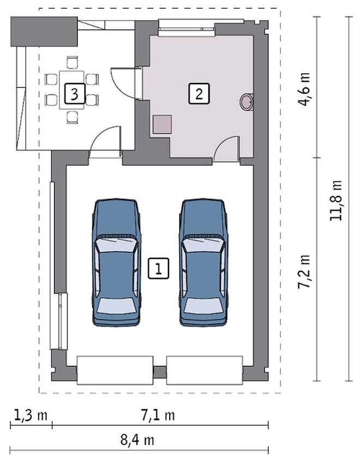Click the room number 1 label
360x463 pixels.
(159, 268)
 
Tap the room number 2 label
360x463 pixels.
(199, 93)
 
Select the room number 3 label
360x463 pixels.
(75, 93)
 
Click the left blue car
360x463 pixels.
(117, 263)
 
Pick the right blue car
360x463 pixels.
(203, 263)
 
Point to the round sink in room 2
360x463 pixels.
(247, 102)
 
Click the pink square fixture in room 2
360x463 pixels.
(163, 124)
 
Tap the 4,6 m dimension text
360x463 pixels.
(304, 89)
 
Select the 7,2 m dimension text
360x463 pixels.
(304, 271)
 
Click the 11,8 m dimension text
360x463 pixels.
(336, 200)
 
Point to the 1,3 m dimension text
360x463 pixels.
(31, 415)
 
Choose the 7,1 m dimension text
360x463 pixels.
(158, 415)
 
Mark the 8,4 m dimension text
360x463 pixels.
(137, 440)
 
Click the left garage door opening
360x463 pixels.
(115, 370)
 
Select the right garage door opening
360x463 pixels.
(205, 370)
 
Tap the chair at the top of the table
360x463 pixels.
(73, 63)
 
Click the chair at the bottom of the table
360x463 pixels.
(73, 117)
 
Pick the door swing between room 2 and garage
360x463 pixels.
(226, 149)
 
